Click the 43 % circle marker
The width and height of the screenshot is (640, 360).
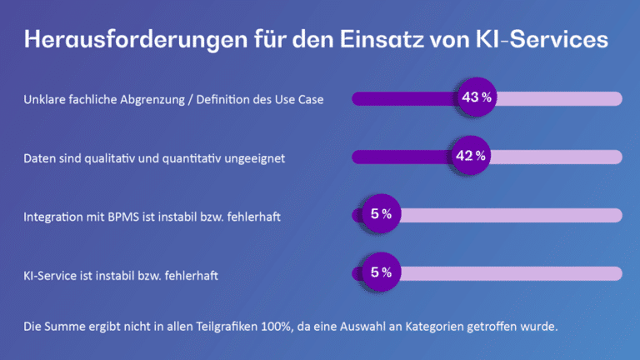tap(475, 98)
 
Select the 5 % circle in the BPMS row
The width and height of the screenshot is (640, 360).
tap(380, 215)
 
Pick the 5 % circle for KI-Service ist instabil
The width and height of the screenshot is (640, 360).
tap(380, 272)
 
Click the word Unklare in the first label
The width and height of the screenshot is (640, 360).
tap(44, 99)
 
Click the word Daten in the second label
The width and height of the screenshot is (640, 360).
tap(39, 157)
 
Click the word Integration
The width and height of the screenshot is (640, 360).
tap(52, 216)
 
